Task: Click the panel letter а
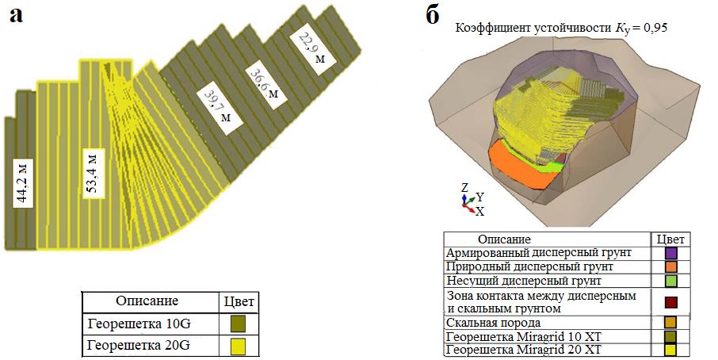pyautogui.click(x=18, y=16)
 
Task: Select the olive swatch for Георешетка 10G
pyautogui.click(x=239, y=324)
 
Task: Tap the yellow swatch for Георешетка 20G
pyautogui.click(x=239, y=346)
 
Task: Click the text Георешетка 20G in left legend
pyautogui.click(x=139, y=346)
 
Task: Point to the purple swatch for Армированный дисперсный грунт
pyautogui.click(x=671, y=252)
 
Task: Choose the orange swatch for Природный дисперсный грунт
pyautogui.click(x=671, y=266)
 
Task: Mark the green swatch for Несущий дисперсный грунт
pyautogui.click(x=671, y=281)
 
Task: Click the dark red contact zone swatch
pyautogui.click(x=671, y=301)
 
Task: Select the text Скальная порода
pyautogui.click(x=495, y=323)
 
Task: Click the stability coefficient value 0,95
pyautogui.click(x=655, y=28)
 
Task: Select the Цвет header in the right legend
pyautogui.click(x=670, y=239)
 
